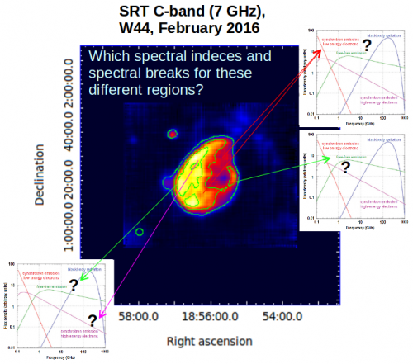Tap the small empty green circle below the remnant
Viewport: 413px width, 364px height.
140,232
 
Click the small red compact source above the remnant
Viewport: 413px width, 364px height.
173,134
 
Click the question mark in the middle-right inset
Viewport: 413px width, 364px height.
345,166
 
